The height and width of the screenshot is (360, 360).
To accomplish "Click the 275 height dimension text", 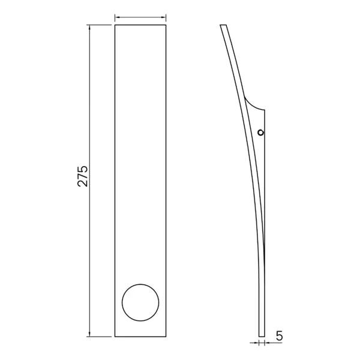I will point(83,176).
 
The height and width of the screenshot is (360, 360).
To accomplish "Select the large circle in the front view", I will point(141,302).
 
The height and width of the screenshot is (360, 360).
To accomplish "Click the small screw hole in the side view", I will point(260,132).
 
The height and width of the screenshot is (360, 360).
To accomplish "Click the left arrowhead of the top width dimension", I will point(117,18).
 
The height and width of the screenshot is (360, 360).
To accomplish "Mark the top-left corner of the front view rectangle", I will point(115,25).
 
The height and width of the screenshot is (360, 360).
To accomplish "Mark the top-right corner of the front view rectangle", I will point(167,25).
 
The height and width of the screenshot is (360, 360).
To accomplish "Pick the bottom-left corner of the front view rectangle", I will point(115,336).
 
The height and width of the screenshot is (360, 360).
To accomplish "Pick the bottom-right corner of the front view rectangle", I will point(167,336).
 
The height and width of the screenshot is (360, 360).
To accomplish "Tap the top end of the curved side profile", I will point(223,25).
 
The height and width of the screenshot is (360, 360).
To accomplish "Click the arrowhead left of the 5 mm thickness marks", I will point(256,343).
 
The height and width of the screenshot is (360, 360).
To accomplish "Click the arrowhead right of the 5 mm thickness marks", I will point(266,343).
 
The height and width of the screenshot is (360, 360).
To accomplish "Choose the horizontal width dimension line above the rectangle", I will point(140,18).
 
